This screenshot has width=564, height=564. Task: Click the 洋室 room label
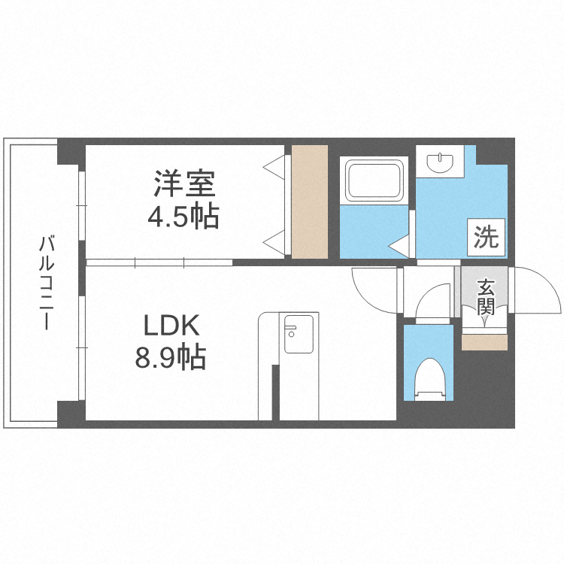[x=185, y=184]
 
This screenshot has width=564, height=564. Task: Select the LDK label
[x=171, y=326]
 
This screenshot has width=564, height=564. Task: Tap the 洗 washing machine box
[x=486, y=238]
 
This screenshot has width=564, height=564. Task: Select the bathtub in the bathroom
[x=374, y=181]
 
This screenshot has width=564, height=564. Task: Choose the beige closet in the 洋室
[x=309, y=202]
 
